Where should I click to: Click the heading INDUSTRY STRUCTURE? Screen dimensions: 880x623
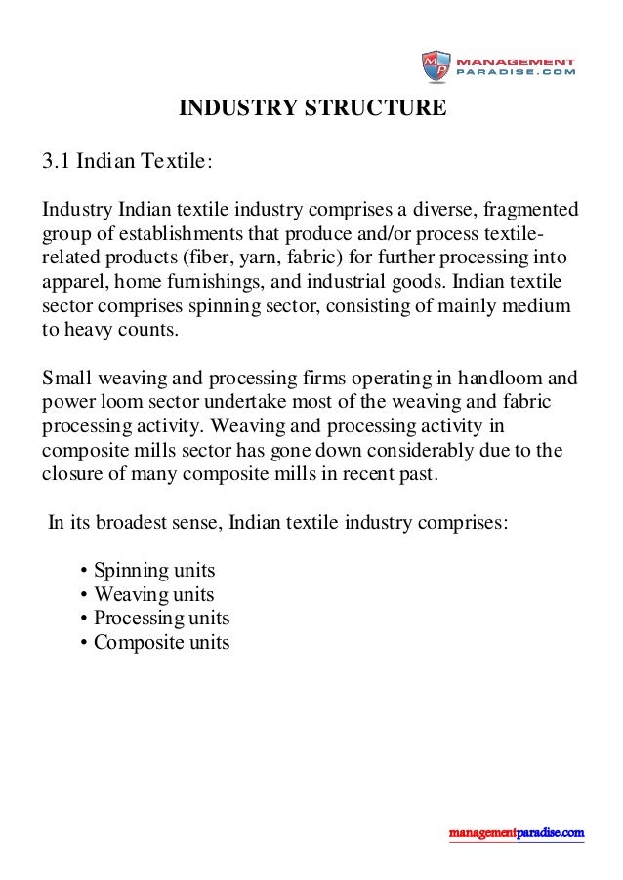pyautogui.click(x=311, y=107)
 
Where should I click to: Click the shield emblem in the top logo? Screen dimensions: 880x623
pyautogui.click(x=435, y=66)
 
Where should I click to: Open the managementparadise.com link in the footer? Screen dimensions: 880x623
pyautogui.click(x=517, y=833)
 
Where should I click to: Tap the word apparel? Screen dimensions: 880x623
pyautogui.click(x=73, y=284)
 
